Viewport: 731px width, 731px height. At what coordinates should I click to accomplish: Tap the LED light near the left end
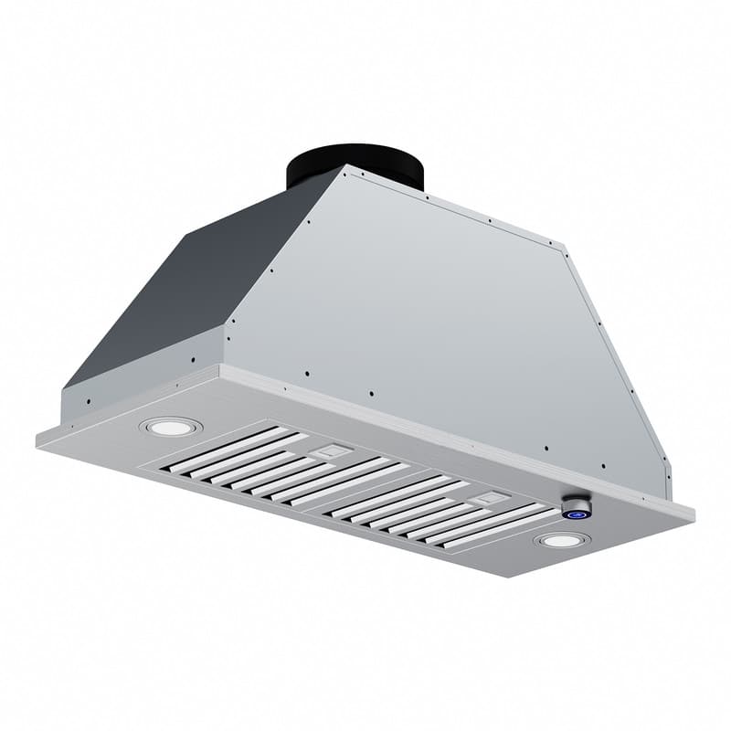[170, 427]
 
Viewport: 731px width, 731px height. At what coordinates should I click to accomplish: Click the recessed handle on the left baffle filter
[331, 450]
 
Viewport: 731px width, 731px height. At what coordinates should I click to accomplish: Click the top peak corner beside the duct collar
[346, 166]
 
